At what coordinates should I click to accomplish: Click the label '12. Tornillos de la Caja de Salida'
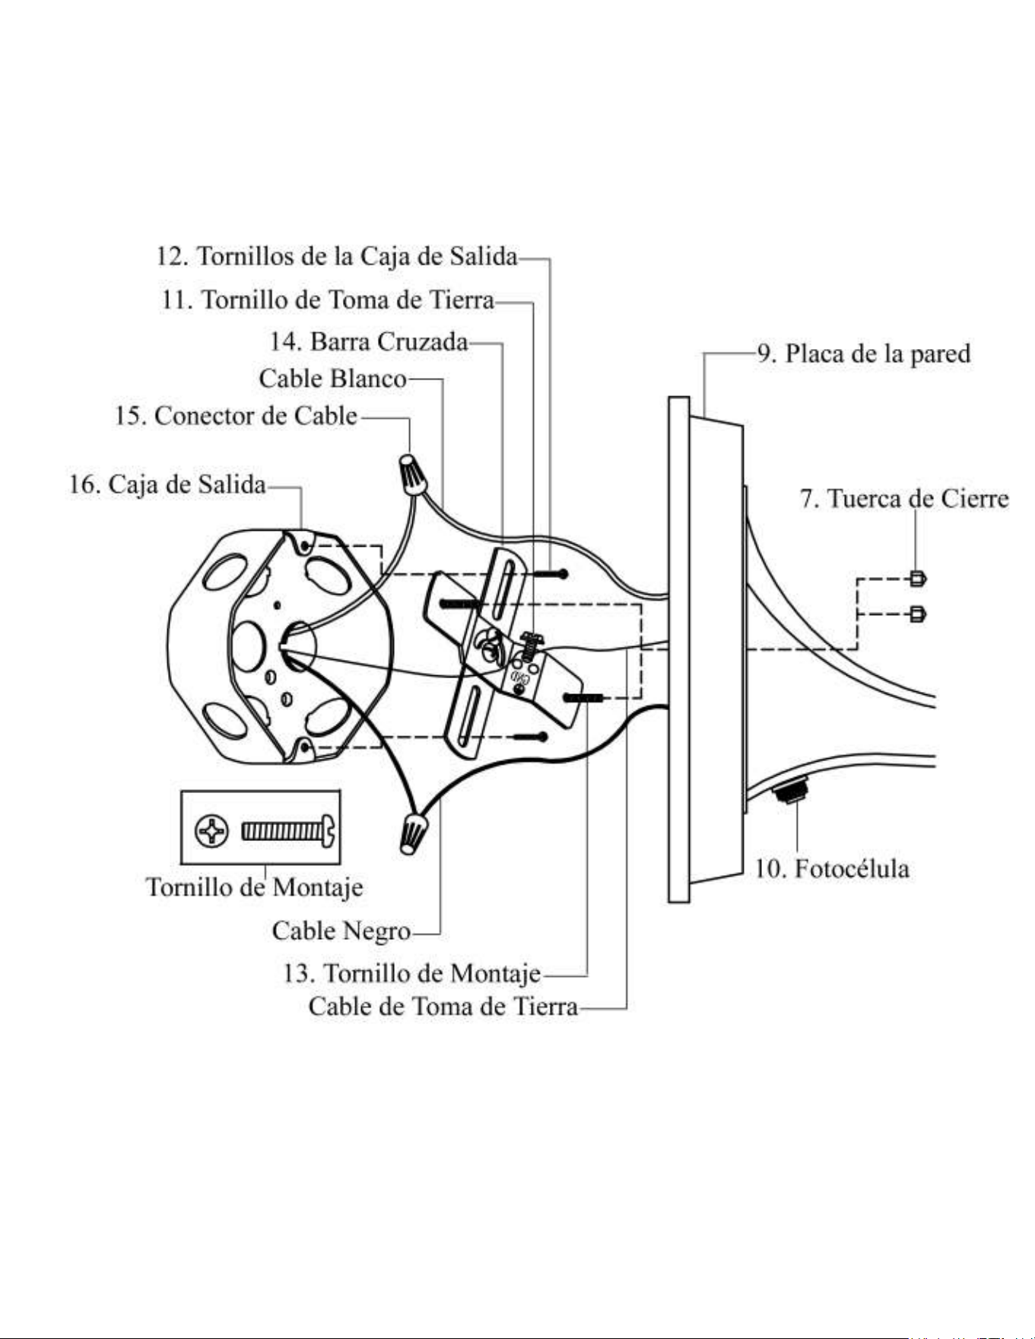pos(337,256)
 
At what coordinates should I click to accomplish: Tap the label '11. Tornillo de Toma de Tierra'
pos(328,300)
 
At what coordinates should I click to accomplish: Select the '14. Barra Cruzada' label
pos(369,341)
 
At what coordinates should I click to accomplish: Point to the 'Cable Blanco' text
pos(332,378)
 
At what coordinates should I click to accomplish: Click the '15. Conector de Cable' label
pos(237,416)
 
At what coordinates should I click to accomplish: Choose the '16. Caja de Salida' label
pos(168,484)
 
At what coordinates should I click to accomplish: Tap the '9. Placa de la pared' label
pos(864,354)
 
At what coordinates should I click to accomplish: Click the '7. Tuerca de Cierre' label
pos(904,499)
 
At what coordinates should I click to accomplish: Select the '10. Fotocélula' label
pos(832,868)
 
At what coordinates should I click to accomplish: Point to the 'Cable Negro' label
pos(341,930)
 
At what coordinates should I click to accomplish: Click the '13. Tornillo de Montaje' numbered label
pos(412,973)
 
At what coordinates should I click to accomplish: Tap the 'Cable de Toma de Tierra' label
pos(443,1007)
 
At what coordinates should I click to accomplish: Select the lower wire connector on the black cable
pos(413,831)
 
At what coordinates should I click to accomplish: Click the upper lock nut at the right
pos(918,579)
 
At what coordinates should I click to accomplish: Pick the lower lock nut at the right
pos(918,613)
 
